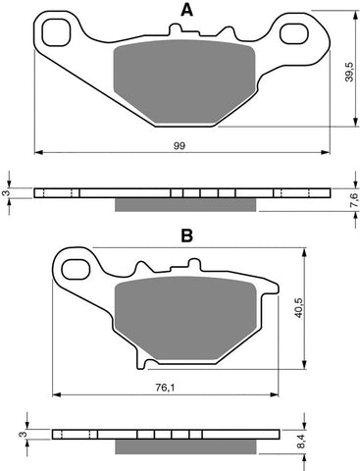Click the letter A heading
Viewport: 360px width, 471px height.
tap(187, 10)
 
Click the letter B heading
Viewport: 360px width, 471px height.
tap(186, 235)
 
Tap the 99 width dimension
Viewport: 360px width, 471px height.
tap(180, 146)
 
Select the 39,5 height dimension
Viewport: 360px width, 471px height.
tap(349, 72)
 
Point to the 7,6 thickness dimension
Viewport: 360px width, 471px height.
tap(354, 200)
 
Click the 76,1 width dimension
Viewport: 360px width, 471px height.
tap(165, 388)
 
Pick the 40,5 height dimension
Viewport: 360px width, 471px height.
tap(299, 308)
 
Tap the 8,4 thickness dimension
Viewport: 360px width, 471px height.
tap(303, 441)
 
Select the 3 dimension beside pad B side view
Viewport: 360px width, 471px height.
tap(23, 435)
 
